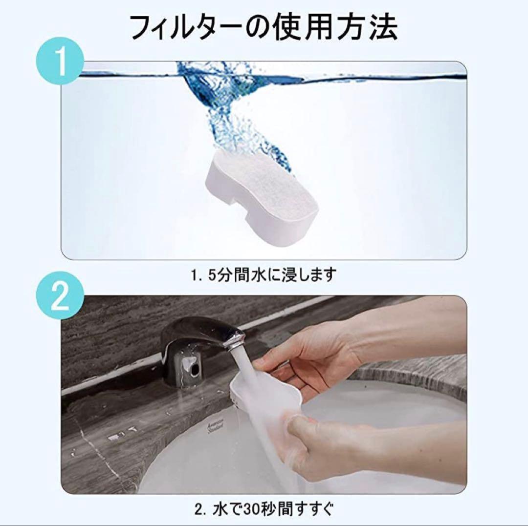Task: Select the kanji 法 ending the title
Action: point(381,27)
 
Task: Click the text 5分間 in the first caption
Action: point(231,275)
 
